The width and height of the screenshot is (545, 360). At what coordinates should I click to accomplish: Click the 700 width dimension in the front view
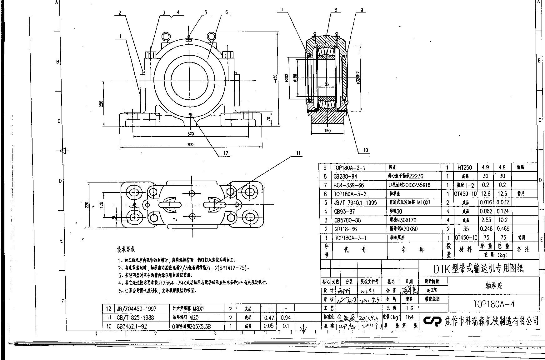190,144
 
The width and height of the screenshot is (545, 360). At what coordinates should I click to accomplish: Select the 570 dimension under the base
190,134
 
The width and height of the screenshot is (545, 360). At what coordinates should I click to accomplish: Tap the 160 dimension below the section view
327,131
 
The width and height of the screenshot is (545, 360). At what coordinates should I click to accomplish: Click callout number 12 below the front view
226,153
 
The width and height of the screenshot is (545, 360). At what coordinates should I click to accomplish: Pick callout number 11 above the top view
298,153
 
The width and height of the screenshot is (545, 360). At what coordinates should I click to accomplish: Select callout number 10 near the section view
366,150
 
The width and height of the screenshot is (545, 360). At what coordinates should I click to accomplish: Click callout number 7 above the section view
282,10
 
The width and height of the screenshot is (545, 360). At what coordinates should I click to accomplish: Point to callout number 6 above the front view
226,12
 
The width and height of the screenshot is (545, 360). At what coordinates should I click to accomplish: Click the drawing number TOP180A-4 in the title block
494,304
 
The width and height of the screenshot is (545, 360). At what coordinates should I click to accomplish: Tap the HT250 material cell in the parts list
465,167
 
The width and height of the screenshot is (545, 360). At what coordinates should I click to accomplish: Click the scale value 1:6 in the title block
409,308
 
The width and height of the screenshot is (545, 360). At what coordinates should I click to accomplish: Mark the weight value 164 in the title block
409,317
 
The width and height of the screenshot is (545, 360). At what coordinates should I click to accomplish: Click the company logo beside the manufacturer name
432,321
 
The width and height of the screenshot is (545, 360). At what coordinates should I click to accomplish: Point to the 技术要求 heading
126,249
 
